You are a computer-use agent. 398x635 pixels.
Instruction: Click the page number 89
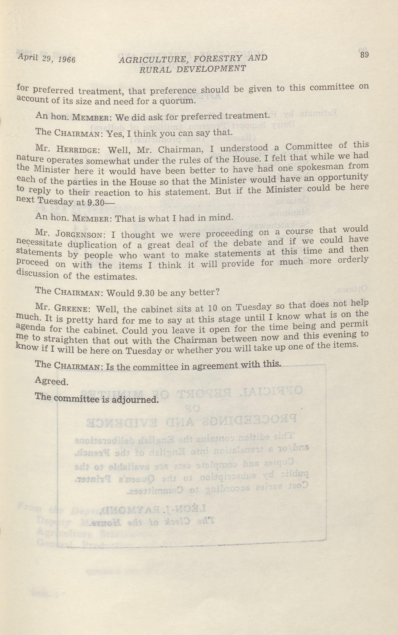point(364,55)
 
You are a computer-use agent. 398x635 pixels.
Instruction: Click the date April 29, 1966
point(46,58)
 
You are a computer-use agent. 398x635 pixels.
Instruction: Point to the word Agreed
point(52,381)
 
